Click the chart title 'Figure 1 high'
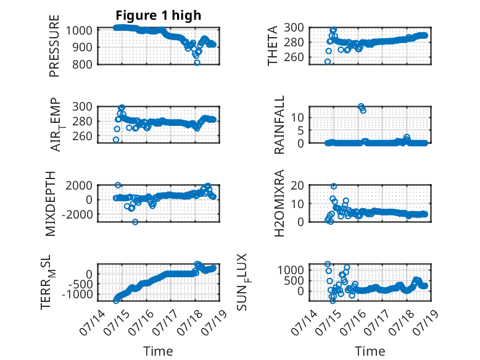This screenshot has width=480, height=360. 159,15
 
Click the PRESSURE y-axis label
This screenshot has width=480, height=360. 54,46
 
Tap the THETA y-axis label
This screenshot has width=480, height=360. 272,46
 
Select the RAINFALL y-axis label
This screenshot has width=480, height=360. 279,124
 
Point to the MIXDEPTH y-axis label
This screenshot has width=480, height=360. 51,203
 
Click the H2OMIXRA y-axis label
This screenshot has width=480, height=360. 279,203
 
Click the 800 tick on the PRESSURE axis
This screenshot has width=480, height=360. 81,64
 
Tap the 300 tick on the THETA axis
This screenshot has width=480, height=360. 294,28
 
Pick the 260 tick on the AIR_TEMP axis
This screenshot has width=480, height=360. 82,136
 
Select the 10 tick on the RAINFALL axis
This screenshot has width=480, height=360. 297,117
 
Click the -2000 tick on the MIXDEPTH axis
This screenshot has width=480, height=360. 77,215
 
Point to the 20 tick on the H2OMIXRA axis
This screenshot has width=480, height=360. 297,185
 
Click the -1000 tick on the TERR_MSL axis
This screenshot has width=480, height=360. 77,295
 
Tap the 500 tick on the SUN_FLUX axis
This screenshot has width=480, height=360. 294,280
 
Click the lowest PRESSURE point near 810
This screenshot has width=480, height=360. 197,62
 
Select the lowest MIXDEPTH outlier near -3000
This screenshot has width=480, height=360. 135,222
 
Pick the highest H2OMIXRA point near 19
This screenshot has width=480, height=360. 334,186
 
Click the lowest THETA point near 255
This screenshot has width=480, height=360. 328,62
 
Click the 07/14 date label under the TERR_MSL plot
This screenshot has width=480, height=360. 93,322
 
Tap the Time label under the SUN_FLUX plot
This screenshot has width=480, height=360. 370,351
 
